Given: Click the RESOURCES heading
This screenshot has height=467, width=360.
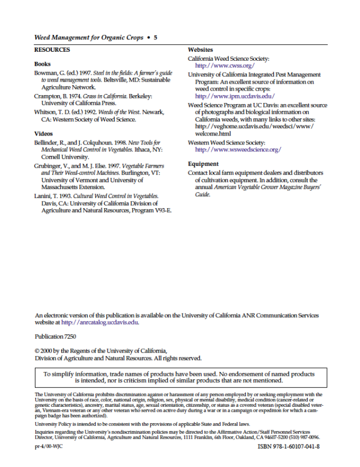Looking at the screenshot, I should point(52,50).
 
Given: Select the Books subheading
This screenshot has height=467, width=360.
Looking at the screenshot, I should point(43,64).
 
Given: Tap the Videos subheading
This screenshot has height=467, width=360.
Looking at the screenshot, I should point(44,134).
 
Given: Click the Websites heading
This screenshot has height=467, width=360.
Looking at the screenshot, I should point(200,50).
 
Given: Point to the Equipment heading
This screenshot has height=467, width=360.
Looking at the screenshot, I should point(203,164).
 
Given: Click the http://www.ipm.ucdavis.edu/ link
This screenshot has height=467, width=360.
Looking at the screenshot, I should point(235,96).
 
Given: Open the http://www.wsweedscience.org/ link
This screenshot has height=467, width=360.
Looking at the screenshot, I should point(238,150).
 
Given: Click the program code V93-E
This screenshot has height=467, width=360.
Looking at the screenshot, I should point(161,210).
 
